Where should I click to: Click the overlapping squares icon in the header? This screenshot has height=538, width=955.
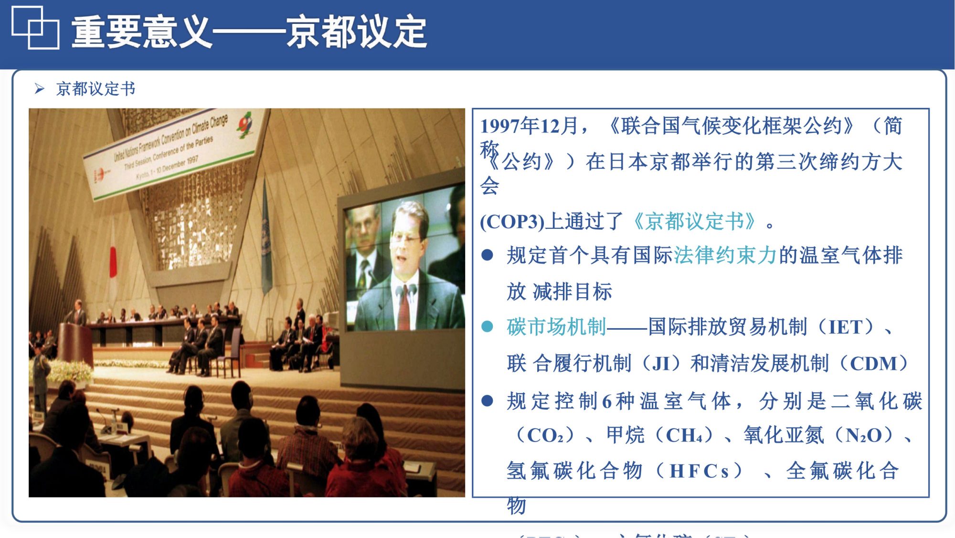tap(35, 28)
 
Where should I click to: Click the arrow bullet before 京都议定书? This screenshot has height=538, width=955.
tap(40, 88)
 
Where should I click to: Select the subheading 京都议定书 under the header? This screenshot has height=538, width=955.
tap(95, 89)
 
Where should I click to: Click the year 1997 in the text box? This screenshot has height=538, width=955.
tap(499, 126)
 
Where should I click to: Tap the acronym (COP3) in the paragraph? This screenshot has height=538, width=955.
tap(511, 222)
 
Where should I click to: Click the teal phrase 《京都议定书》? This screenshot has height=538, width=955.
tap(693, 221)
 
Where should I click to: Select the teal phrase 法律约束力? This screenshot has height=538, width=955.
tap(725, 255)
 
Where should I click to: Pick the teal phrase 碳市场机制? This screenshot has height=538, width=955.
tap(556, 327)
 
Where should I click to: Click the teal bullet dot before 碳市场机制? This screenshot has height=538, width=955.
tap(487, 327)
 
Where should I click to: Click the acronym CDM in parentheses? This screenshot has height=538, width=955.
tap(874, 364)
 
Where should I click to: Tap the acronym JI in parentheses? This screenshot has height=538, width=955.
tap(661, 364)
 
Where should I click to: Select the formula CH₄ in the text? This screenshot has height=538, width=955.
tap(684, 435)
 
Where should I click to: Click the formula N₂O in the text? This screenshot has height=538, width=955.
tap(863, 435)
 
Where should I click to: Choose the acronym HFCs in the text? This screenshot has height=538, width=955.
tap(699, 471)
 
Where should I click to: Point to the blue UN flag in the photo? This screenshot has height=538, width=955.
tap(266, 239)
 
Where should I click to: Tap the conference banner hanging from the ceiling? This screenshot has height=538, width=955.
tap(174, 148)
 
